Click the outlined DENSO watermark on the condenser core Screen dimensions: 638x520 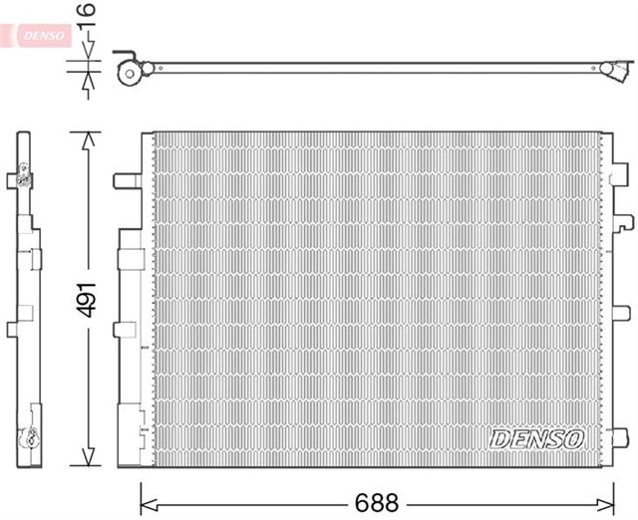[537, 439]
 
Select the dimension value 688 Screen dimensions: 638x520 [377, 503]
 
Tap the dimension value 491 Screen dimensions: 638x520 [87, 300]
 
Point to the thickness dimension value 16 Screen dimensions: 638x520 [87, 15]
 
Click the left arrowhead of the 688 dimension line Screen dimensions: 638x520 [149, 504]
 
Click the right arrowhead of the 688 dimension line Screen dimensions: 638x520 [605, 504]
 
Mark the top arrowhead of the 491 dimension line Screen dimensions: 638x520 [89, 140]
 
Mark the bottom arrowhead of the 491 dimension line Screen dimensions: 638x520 [89, 457]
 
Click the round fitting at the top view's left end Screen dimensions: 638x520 [130, 73]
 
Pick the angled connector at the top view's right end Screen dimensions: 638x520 [617, 71]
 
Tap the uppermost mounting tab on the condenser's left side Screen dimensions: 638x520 [127, 181]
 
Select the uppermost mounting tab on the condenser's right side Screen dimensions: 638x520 [620, 174]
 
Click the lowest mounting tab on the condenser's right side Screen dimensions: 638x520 [620, 437]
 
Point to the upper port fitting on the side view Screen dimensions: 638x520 [23, 177]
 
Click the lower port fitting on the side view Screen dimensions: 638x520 [28, 438]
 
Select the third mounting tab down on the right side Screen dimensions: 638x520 [621, 313]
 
